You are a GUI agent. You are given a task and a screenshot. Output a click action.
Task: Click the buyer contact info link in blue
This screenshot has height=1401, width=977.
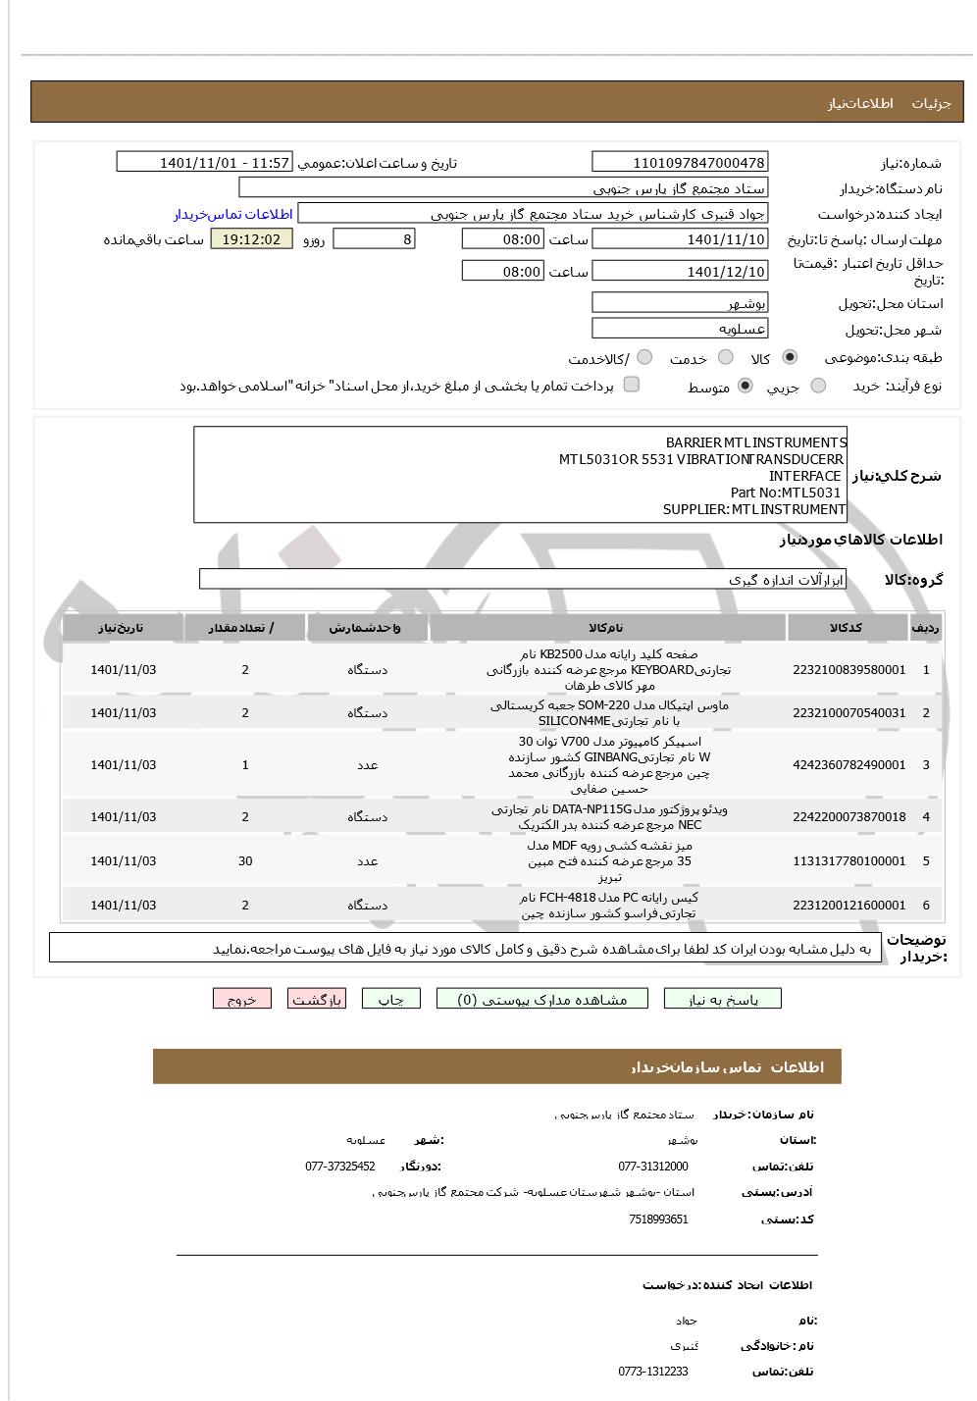[233, 214]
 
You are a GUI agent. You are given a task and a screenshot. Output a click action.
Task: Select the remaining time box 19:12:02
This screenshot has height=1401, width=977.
[251, 239]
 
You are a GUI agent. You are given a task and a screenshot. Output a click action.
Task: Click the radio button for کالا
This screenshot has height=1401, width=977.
[790, 358]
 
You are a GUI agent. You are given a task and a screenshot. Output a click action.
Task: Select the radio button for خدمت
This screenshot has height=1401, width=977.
[725, 358]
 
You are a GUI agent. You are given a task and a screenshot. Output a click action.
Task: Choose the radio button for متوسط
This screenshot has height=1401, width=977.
[746, 387]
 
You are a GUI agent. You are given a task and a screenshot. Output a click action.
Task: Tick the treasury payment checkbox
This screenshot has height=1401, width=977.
[632, 385]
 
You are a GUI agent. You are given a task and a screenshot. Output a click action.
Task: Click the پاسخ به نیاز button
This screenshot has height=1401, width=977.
[723, 999]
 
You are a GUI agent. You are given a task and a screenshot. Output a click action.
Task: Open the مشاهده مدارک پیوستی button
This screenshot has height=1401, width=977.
[542, 999]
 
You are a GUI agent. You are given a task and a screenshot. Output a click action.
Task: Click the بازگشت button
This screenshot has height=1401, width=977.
[317, 999]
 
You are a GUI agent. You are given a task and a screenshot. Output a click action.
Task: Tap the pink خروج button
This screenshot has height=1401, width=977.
[241, 999]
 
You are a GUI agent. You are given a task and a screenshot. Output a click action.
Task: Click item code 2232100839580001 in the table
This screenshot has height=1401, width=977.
[848, 670]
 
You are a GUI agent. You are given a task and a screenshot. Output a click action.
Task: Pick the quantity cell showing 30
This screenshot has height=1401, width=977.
[245, 861]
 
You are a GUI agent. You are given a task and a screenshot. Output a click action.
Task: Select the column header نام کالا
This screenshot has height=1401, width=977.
[606, 628]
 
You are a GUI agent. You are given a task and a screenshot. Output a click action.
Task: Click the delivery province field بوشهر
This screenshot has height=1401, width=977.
[680, 303]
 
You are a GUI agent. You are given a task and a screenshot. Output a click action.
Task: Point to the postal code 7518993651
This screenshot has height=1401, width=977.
[658, 1219]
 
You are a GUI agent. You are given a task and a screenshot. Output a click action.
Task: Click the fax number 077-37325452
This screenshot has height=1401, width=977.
[339, 1167]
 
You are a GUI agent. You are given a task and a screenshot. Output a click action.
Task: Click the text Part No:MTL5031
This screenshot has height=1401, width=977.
[785, 493]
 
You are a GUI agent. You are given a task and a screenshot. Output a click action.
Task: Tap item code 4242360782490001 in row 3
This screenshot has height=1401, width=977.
[848, 765]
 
